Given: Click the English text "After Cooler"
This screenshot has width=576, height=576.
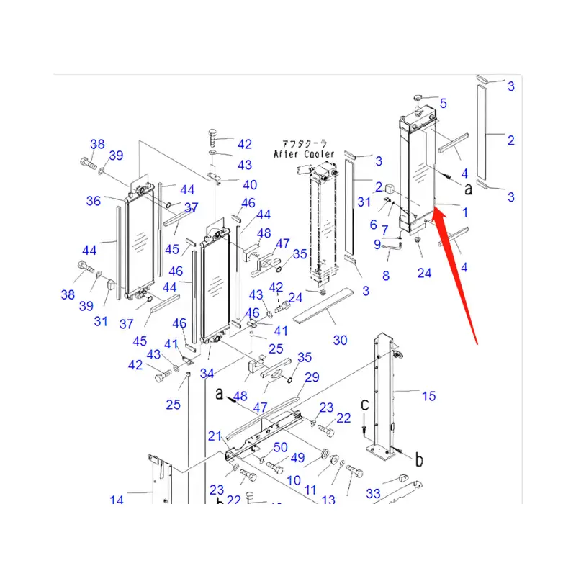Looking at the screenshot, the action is pyautogui.click(x=304, y=154).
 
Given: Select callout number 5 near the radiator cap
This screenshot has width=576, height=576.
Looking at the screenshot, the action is pyautogui.click(x=444, y=104).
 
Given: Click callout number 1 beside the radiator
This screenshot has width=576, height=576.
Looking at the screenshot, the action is pyautogui.click(x=464, y=212).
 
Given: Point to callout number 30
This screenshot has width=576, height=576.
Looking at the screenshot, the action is pyautogui.click(x=340, y=340).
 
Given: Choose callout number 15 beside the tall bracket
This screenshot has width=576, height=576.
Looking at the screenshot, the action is pyautogui.click(x=428, y=395).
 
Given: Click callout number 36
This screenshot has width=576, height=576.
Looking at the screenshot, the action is pyautogui.click(x=94, y=201).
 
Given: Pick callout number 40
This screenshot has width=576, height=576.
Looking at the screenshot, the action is pyautogui.click(x=249, y=185).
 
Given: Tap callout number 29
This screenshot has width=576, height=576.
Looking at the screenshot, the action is pyautogui.click(x=311, y=377).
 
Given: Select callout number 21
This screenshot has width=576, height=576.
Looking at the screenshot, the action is pyautogui.click(x=215, y=436).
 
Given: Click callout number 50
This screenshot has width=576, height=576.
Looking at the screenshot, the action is pyautogui.click(x=279, y=449).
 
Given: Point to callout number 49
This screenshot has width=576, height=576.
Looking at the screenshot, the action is pyautogui.click(x=297, y=458).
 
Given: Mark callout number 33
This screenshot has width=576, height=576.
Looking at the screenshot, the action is pyautogui.click(x=372, y=494).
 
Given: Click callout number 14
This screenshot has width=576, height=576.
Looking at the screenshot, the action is pyautogui.click(x=117, y=500).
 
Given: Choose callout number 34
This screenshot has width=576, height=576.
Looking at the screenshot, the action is pyautogui.click(x=207, y=373).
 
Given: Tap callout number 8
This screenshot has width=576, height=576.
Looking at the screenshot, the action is pyautogui.click(x=386, y=276).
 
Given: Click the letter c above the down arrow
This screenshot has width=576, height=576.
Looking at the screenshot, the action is pyautogui.click(x=365, y=405).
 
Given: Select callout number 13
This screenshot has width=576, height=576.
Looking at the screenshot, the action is pyautogui.click(x=328, y=500).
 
